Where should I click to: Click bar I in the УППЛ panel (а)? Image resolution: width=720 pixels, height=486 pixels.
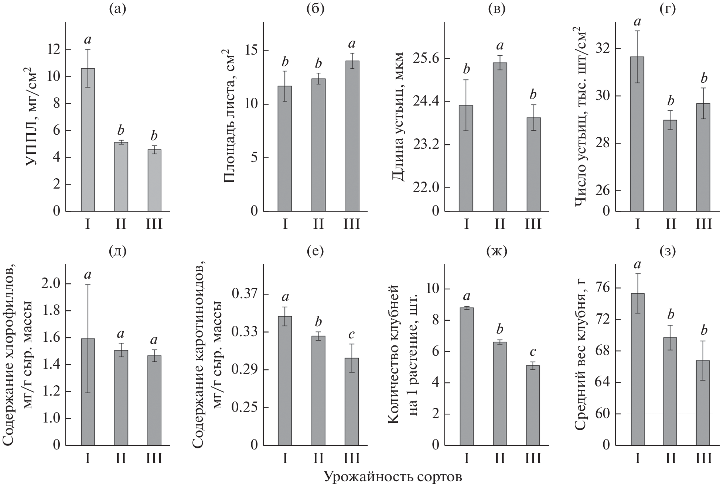pos(88,140)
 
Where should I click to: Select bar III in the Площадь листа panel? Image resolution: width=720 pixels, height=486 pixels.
pos(352,137)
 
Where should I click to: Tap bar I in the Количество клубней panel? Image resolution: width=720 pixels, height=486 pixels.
pos(466,376)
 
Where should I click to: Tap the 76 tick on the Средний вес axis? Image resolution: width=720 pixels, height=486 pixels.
pos(603,288)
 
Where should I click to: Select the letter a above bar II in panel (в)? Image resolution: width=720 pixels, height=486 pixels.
pos(500,46)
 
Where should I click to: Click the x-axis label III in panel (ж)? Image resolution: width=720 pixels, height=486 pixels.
pos(533,458)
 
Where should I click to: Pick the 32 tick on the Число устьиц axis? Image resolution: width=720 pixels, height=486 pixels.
pos(603,49)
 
